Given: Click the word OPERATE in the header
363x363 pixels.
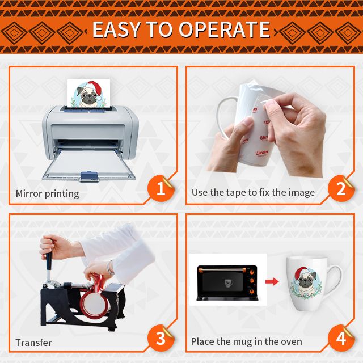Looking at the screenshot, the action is coord(224,29).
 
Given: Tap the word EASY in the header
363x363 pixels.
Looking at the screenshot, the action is coord(116,29).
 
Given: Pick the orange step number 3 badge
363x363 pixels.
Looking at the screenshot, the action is coord(161,338).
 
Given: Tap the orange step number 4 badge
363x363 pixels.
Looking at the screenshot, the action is coord(341,338).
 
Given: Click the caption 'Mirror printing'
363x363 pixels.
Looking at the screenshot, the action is coord(47,193).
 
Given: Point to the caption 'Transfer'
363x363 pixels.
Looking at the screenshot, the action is coord(33,343).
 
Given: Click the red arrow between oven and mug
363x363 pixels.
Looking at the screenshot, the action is coord(272,281).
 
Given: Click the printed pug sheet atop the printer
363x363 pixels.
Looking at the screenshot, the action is coord(88,93).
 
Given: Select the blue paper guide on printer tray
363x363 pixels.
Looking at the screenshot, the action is coord(89,176).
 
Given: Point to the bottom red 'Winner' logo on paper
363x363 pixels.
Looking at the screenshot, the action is coord(262,153).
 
